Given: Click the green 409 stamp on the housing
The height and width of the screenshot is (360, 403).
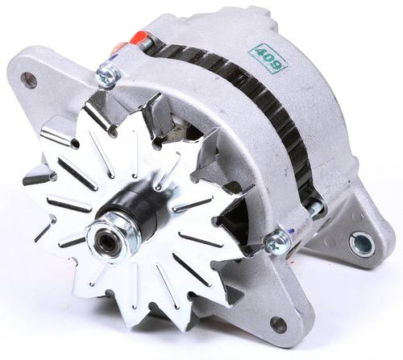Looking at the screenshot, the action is tap(269, 59).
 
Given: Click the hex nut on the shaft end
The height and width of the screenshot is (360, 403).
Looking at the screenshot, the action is tap(112, 234).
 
